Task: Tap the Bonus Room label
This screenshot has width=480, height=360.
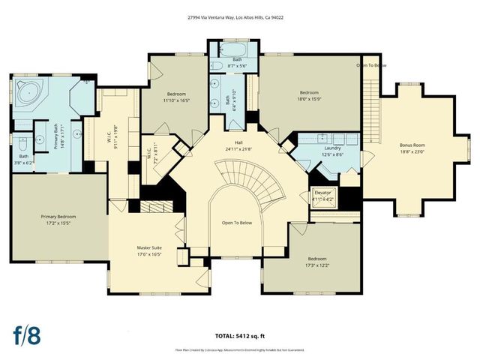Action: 412,147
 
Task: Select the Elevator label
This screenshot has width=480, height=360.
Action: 325,195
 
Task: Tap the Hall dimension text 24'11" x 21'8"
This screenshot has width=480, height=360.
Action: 238,149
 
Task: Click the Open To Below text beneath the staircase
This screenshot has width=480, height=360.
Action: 237,223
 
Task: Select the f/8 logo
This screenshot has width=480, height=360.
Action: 26,335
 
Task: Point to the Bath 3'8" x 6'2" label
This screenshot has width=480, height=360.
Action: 24,160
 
